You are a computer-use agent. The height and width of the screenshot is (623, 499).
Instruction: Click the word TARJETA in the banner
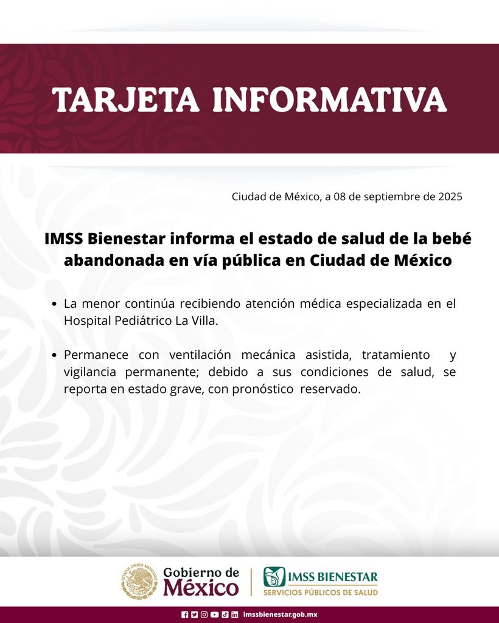click(125, 99)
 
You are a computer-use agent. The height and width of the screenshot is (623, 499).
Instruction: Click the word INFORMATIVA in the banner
click(330, 99)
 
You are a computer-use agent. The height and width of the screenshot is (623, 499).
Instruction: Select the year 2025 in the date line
click(450, 197)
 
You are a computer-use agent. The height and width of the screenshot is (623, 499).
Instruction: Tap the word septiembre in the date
click(391, 197)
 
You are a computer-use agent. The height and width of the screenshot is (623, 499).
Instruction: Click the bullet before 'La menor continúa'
click(55, 304)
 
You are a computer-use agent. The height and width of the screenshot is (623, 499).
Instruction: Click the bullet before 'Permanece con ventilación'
click(55, 355)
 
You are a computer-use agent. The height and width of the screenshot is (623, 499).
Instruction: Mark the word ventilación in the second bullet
click(200, 355)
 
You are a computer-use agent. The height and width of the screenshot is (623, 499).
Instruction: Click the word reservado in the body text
click(330, 389)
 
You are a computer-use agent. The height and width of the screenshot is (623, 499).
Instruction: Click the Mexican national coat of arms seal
click(139, 581)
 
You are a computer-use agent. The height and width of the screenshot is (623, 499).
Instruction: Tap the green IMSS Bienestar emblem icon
click(274, 577)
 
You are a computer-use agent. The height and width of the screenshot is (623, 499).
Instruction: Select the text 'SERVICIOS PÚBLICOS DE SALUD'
click(321, 593)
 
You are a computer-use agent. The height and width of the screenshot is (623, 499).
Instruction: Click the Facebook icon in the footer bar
click(185, 614)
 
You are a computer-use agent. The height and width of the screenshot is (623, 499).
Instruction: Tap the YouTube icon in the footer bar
click(215, 614)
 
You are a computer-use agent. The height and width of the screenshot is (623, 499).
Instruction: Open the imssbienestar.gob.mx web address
click(280, 614)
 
